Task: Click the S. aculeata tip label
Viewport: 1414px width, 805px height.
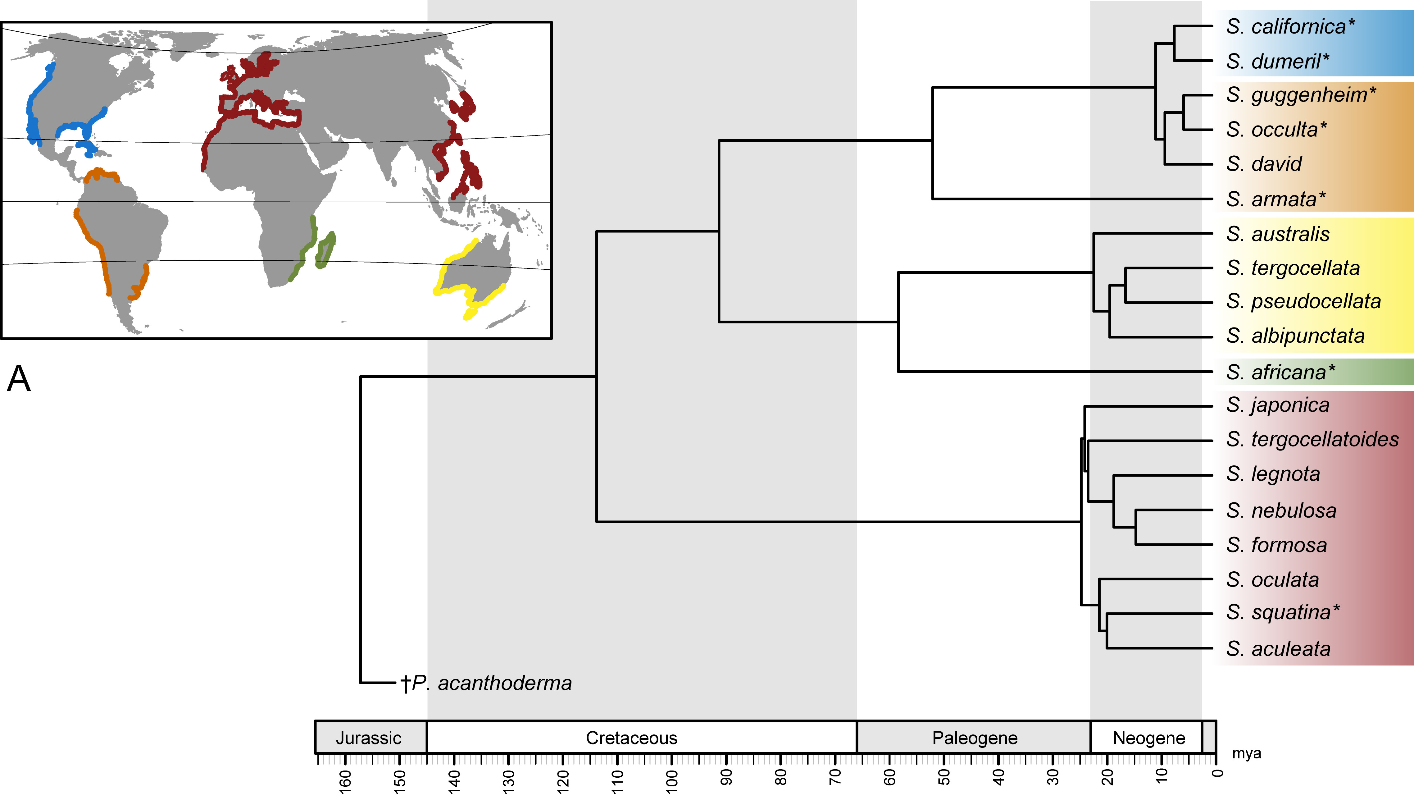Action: point(1278,648)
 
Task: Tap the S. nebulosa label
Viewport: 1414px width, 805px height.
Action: point(1281,510)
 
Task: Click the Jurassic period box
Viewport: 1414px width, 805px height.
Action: point(369,738)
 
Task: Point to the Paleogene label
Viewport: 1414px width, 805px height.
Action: point(974,738)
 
